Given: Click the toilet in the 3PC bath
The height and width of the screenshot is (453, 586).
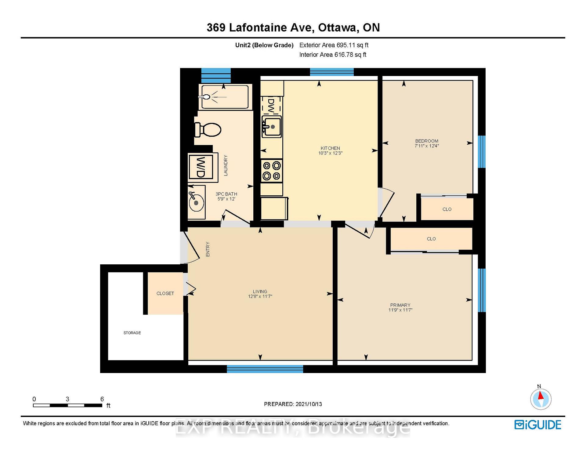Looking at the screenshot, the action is (x=208, y=130).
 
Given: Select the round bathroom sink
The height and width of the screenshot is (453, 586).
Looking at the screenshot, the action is (x=196, y=202).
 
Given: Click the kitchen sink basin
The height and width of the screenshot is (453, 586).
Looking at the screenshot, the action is (x=271, y=127).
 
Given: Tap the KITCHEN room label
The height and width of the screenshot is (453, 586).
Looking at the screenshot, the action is (x=330, y=148).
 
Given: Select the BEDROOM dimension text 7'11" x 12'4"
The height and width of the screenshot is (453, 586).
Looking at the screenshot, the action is (x=427, y=146).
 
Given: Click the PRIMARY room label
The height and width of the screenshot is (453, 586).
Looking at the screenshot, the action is (x=400, y=305).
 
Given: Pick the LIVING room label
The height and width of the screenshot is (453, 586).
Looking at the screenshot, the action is (x=260, y=292).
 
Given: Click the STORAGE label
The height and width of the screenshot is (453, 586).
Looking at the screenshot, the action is (x=132, y=333).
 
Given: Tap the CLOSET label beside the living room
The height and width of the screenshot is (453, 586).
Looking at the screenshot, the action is (x=165, y=293).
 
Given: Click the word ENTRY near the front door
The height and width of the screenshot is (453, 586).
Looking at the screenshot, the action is (x=208, y=249).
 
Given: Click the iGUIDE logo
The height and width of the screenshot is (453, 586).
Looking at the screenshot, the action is (x=538, y=425).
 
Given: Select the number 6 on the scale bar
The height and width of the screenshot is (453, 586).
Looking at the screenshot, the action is (x=102, y=399).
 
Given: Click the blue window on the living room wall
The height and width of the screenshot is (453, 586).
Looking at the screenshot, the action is (x=265, y=369).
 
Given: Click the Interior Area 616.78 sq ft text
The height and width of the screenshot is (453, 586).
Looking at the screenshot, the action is (x=333, y=55).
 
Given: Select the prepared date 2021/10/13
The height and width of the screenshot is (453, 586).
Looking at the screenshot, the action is (x=309, y=404).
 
